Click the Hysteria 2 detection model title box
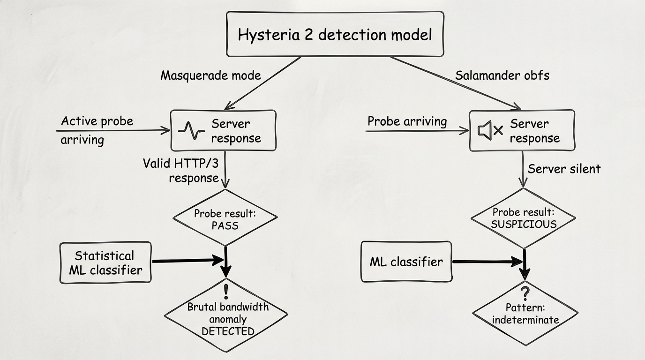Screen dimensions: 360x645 click(335, 35)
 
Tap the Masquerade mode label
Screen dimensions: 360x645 click(210, 75)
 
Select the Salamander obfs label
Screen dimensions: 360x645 click(502, 75)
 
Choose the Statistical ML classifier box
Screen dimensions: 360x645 click(105, 262)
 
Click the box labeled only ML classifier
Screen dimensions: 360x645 click(406, 262)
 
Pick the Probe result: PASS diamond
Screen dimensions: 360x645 click(225, 218)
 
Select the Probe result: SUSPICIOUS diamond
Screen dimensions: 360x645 click(524, 218)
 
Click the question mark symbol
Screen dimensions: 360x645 click(525, 294)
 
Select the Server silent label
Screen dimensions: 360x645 click(564, 169)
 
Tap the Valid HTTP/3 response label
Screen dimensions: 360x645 click(181, 171)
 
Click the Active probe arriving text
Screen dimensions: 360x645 click(97, 130)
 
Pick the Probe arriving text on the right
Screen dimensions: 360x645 click(407, 121)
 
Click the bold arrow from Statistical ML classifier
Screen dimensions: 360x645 click(187, 260)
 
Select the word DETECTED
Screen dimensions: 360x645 click(228, 331)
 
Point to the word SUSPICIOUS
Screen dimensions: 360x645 click(524, 224)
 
